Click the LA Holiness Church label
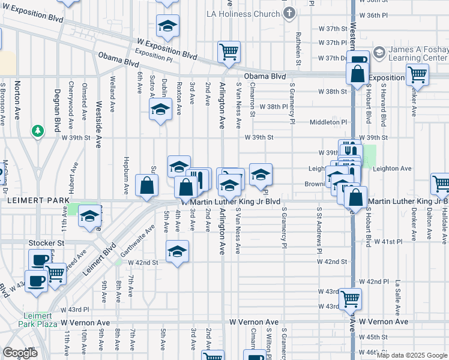(243, 13)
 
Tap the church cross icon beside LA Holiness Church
(289, 13)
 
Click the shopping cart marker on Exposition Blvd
(229, 52)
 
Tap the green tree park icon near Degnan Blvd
(38, 130)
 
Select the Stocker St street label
(46, 243)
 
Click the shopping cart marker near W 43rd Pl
(350, 298)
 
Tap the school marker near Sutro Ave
(160, 110)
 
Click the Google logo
(20, 353)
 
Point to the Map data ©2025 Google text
(412, 355)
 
